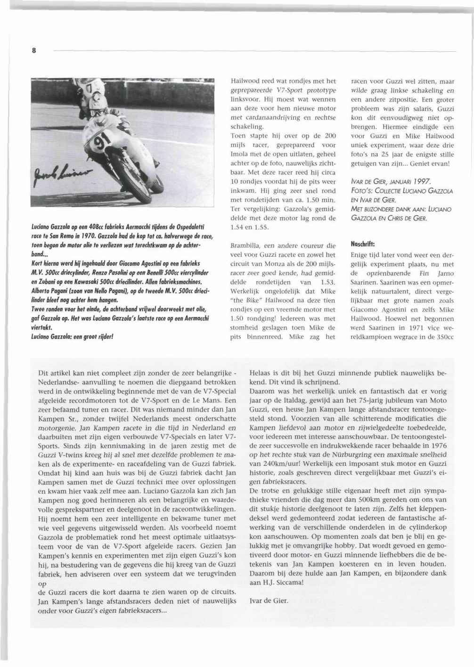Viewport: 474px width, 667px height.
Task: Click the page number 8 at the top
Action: [34, 51]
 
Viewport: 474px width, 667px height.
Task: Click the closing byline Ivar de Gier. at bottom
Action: [269, 601]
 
